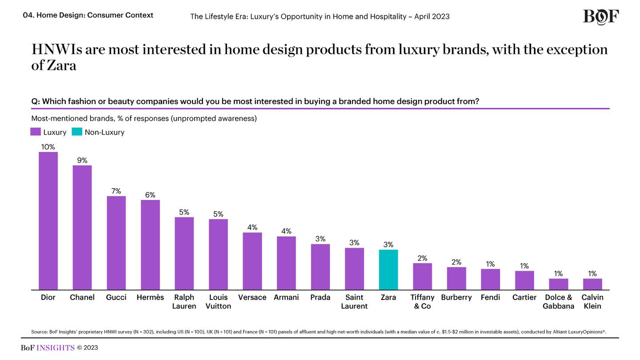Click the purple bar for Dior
coord(48,221)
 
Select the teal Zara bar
coord(388,270)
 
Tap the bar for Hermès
coord(150,245)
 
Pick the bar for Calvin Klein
coord(592,284)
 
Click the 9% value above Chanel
coord(82,160)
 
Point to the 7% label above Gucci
coord(116,191)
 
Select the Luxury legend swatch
coord(36,132)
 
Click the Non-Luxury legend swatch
coord(77,132)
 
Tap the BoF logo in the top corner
coord(600,17)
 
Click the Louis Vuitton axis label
coord(218,301)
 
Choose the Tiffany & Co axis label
coord(422,301)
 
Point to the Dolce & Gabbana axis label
coord(558,301)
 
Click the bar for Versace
coord(252,261)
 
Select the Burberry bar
coord(456,278)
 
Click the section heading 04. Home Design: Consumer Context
coord(88,15)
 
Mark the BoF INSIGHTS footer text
coord(48,348)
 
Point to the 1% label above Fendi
coord(490,264)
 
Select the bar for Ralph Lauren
coord(184,253)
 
